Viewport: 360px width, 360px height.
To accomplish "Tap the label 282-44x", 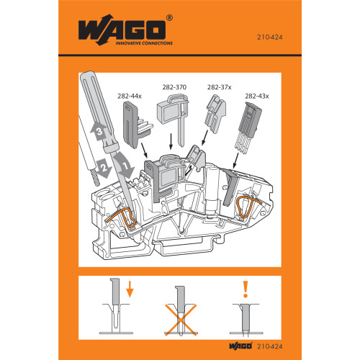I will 130,94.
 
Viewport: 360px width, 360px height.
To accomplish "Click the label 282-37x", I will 217,87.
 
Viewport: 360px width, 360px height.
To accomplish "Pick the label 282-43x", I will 256,94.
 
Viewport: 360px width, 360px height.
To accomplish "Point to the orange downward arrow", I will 130,292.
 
